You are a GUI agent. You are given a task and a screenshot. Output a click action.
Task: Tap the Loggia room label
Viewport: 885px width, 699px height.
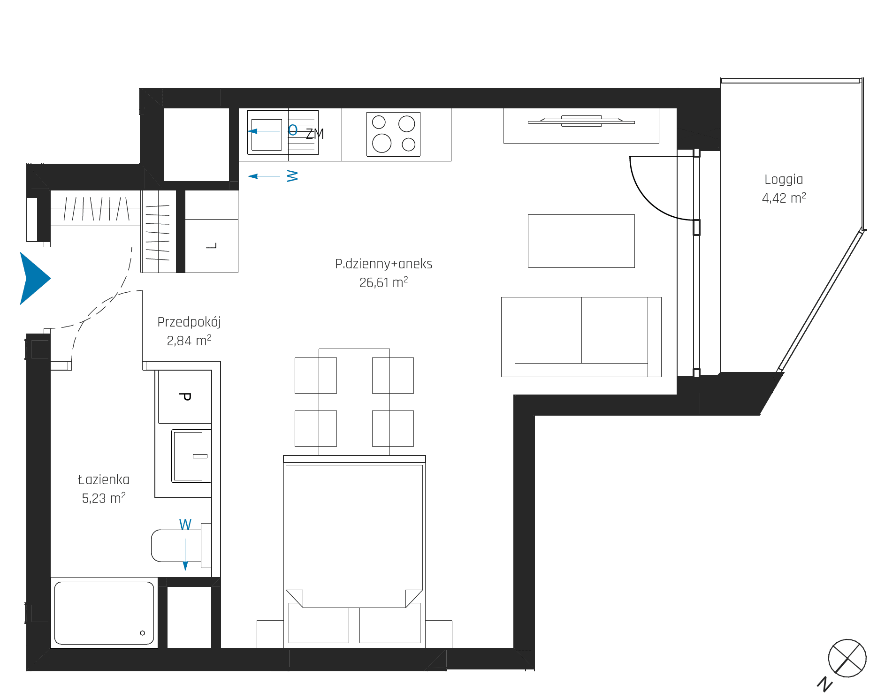(784, 180)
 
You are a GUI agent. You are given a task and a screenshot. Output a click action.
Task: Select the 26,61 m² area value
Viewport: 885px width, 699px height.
(383, 282)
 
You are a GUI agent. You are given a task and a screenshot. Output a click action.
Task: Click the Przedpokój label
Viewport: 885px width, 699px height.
(189, 322)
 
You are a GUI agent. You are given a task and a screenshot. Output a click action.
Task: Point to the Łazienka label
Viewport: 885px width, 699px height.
(104, 479)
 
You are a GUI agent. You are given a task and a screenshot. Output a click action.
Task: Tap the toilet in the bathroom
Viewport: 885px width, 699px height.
(181, 546)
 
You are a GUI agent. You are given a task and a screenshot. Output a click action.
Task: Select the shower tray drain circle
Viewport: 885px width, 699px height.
(143, 633)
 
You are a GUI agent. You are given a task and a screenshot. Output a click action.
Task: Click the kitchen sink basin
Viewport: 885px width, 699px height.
(267, 135)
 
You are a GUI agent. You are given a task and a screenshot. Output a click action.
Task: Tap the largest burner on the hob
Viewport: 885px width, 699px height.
(381, 143)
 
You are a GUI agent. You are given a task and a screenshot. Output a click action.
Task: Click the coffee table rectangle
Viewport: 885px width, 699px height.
(581, 241)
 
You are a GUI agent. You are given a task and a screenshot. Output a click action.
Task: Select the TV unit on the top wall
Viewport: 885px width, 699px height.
(581, 126)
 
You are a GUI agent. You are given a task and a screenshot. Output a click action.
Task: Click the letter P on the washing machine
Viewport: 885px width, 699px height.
(185, 397)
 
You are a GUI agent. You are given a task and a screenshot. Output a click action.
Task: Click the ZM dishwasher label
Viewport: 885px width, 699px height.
(315, 134)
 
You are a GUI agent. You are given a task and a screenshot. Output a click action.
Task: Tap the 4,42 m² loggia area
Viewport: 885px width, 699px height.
(784, 198)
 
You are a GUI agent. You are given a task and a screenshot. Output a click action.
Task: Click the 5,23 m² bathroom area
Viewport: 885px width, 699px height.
(104, 498)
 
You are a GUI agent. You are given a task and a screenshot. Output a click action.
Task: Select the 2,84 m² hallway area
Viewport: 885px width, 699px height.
(189, 341)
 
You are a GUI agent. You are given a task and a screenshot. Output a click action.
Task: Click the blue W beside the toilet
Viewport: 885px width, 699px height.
(185, 524)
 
